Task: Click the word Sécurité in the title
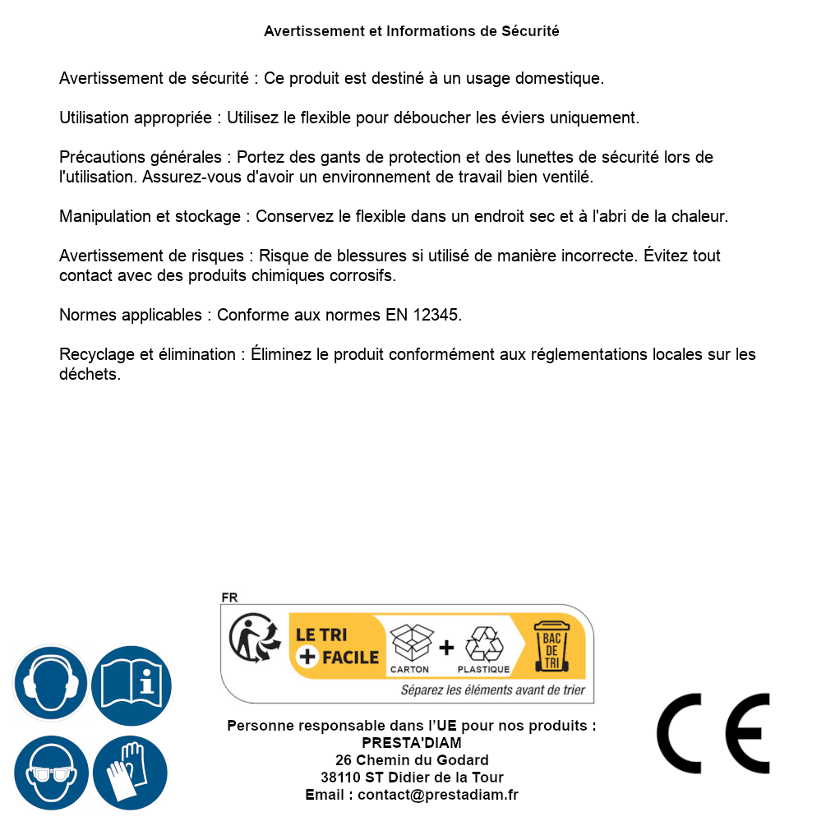click(530, 31)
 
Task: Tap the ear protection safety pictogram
click(49, 684)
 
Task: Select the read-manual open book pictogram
click(132, 684)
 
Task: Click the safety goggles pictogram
click(51, 773)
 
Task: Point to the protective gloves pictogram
click(130, 773)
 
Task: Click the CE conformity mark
click(713, 733)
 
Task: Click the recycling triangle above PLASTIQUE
click(483, 644)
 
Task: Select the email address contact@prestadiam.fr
click(437, 795)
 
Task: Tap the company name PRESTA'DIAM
click(412, 743)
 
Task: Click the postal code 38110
click(340, 778)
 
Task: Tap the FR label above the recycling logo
click(229, 598)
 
